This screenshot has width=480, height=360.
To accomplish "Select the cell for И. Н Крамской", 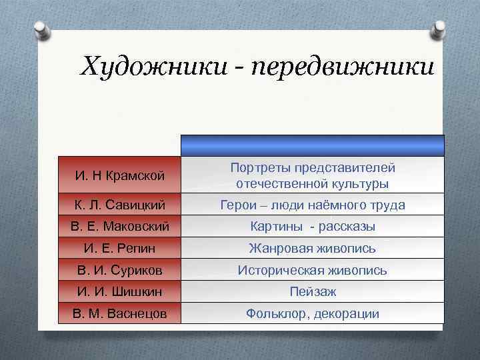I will pos(119,175).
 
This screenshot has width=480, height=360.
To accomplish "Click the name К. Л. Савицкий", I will pos(119,205).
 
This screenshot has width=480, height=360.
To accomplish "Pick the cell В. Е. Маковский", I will pos(119,227).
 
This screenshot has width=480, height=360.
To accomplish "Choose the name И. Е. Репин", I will pos(119,249).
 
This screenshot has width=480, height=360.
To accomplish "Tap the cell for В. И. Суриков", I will pos(119,270).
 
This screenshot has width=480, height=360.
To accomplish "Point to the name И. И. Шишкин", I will pos(119,291).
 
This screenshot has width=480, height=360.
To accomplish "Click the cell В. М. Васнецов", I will pos(119,313).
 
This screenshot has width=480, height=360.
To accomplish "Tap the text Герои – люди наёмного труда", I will pos(313,205).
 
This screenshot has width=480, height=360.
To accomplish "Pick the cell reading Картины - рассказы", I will pos(313,227).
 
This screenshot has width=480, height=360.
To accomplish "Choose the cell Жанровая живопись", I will pos(313,249).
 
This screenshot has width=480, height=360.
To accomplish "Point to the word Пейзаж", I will pos(313,291).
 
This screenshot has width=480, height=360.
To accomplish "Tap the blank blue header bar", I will pos(313,145).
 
